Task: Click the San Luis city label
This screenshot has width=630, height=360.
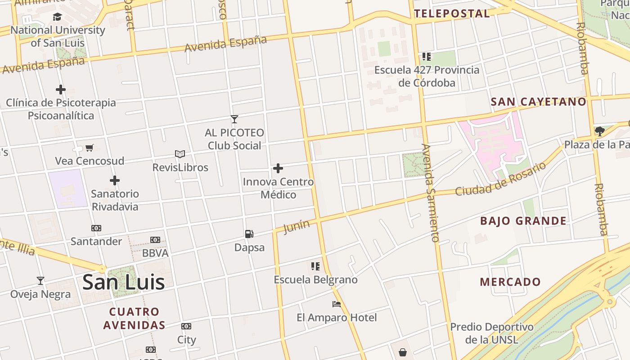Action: point(123,282)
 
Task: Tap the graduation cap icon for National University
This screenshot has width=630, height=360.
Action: point(57,17)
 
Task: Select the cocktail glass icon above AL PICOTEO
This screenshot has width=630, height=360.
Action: point(234,119)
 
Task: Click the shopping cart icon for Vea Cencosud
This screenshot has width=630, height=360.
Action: point(90,148)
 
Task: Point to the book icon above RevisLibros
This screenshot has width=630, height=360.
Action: point(180,154)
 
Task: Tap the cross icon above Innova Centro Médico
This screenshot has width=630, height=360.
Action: point(278,169)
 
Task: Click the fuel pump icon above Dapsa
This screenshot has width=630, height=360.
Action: point(249,234)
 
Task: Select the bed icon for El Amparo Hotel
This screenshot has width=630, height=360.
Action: point(336,304)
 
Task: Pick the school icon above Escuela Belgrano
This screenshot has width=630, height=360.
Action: point(315,266)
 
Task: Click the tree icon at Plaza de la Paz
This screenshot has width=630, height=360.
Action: point(599,131)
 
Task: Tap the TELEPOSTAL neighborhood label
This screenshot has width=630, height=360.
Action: point(452,13)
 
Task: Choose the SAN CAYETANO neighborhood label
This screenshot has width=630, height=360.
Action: point(539,102)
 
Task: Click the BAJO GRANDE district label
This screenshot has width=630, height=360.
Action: point(523,221)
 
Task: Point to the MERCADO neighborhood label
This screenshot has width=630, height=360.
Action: point(510,282)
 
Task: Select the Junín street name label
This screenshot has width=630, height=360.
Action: point(297,226)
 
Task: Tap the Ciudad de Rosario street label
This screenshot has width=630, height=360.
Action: point(500,179)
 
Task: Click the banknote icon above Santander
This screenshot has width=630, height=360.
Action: point(96,228)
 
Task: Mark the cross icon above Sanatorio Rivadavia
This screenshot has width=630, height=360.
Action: point(115,181)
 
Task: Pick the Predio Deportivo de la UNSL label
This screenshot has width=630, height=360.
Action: point(492,333)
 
